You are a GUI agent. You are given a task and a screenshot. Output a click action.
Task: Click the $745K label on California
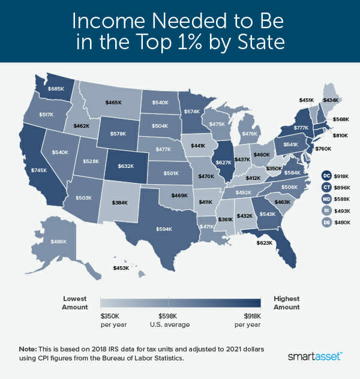pyautogui.click(x=39, y=170)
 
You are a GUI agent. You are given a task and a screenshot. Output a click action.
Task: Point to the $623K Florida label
pyautogui.click(x=264, y=243)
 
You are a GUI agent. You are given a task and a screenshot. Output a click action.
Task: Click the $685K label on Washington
pyautogui.click(x=55, y=89)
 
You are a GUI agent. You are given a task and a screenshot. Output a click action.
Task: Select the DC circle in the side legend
pyautogui.click(x=326, y=175)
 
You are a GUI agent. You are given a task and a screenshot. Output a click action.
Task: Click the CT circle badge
pyautogui.click(x=326, y=187)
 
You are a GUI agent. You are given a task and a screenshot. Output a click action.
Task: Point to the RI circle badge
pyautogui.click(x=326, y=210)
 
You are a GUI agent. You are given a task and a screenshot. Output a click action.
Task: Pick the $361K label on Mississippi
pyautogui.click(x=226, y=219)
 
